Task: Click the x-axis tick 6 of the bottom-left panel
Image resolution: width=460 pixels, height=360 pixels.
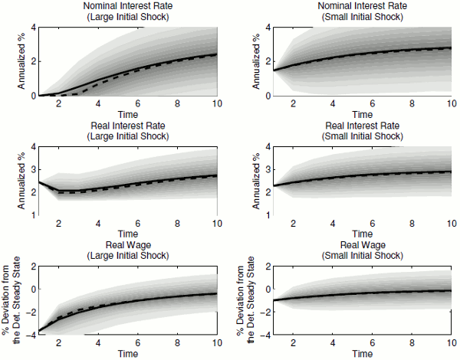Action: point(137,342)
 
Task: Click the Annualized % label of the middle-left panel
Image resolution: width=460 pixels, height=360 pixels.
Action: point(11,181)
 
